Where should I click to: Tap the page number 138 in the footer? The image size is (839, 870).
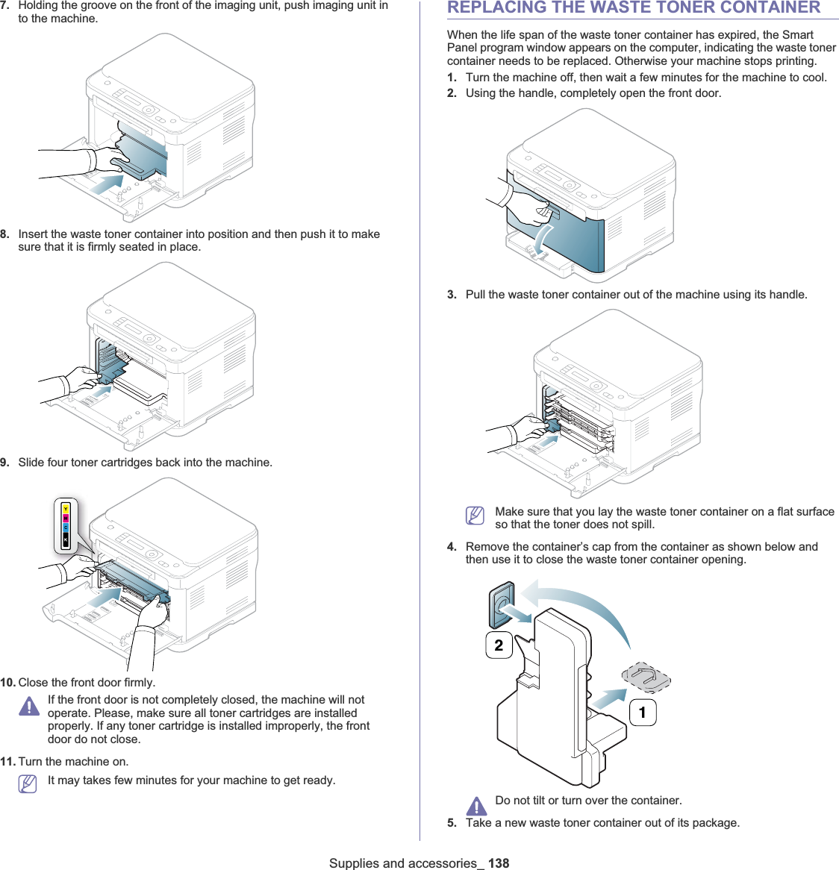[499, 863]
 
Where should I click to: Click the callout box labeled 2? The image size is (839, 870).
[499, 645]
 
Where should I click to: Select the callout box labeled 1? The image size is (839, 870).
[643, 713]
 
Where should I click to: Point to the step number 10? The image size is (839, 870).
[7, 683]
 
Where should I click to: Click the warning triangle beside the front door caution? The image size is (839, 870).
[29, 706]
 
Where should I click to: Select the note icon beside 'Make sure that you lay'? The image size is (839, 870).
[475, 516]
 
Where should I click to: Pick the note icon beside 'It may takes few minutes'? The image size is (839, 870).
[28, 784]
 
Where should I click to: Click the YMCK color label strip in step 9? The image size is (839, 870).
[66, 526]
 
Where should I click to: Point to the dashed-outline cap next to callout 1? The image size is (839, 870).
[646, 677]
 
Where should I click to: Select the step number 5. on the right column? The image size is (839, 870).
[452, 823]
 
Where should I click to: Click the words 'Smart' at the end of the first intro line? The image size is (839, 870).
[797, 35]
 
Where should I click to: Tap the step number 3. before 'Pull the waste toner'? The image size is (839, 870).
[452, 295]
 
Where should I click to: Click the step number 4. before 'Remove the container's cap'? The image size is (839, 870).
[452, 547]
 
